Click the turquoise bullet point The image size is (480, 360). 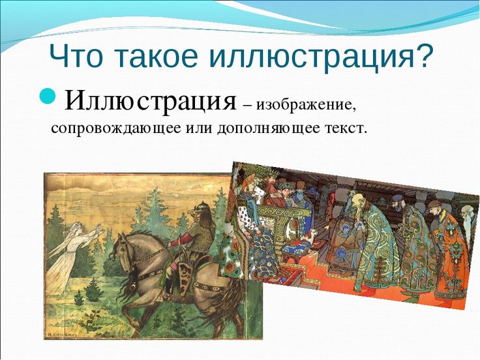pyautogui.click(x=48, y=95)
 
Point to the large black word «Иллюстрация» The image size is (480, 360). pyautogui.click(x=151, y=101)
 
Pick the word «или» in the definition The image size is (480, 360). pyautogui.click(x=200, y=128)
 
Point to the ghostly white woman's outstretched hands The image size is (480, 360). pyautogui.click(x=97, y=229)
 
